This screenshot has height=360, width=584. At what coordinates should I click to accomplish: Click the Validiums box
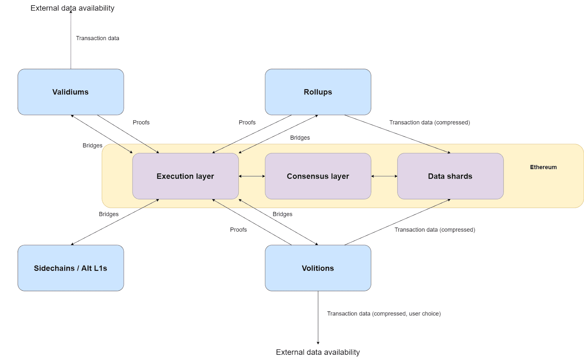[70, 92]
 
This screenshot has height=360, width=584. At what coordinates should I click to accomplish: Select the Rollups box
[318, 92]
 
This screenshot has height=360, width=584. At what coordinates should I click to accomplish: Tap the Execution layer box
[185, 176]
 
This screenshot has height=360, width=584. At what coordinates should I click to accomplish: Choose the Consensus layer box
[318, 176]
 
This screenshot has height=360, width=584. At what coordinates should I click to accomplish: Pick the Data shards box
[450, 176]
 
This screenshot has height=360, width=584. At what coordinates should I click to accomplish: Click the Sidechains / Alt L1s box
[70, 268]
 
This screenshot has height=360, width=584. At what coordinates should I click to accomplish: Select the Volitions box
[318, 268]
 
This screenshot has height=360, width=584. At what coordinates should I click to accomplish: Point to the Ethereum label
[543, 167]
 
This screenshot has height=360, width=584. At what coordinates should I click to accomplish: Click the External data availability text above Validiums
[72, 8]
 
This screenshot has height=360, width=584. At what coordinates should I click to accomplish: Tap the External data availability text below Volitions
[318, 352]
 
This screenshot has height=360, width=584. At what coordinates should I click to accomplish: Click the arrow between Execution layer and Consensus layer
[252, 176]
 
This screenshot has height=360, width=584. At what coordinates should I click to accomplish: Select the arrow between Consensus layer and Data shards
[384, 176]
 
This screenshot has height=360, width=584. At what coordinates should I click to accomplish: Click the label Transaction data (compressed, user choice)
[384, 314]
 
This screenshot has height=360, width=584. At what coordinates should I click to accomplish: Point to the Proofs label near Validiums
[141, 123]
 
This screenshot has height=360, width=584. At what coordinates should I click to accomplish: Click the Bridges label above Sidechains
[108, 214]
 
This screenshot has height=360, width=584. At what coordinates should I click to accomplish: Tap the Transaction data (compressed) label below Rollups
[429, 123]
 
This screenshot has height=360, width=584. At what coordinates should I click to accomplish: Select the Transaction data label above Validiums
[97, 38]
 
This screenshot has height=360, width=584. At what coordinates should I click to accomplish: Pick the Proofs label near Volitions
[238, 230]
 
